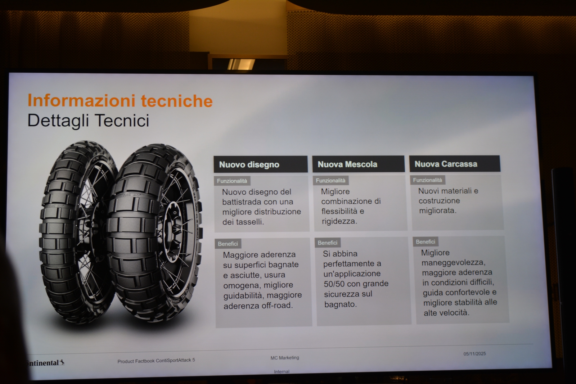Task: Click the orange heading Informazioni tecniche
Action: point(120,101)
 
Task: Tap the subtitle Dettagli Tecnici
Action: point(88,120)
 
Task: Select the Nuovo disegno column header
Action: point(261,164)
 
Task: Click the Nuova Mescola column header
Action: point(359,164)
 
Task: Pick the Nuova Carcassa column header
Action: point(455,163)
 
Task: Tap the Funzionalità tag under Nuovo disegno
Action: point(232,181)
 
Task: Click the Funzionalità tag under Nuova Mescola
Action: point(331,180)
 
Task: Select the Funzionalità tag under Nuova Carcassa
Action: point(427,180)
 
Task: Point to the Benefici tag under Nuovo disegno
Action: point(228,244)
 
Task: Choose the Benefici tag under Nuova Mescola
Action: point(327,243)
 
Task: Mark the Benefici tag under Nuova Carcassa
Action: point(426,241)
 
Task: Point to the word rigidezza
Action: point(339,221)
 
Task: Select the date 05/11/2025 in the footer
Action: point(475,354)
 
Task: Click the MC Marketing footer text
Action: point(285,357)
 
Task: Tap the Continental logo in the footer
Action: point(45,363)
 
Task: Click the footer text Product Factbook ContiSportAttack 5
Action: point(156,361)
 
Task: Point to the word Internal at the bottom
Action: point(282,371)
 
